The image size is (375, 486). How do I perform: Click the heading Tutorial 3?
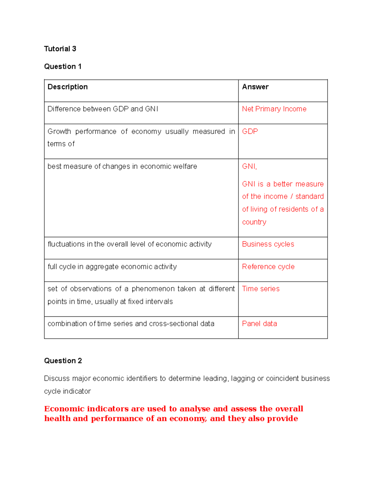[60, 49]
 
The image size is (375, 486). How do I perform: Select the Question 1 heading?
[63, 67]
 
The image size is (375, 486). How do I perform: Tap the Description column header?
[67, 87]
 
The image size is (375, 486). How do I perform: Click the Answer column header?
[255, 87]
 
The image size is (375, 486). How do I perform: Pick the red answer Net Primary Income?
[274, 109]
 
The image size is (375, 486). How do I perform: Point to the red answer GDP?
[250, 131]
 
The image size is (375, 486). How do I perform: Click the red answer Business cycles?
[268, 244]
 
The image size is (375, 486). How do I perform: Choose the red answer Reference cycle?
[268, 267]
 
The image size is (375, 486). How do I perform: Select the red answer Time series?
[261, 289]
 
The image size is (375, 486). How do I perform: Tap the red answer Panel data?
[259, 324]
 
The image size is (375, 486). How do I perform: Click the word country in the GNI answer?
[254, 222]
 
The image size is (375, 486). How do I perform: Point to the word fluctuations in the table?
[66, 244]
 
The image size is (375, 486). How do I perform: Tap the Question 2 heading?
[63, 361]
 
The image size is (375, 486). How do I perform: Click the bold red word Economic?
[64, 409]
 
